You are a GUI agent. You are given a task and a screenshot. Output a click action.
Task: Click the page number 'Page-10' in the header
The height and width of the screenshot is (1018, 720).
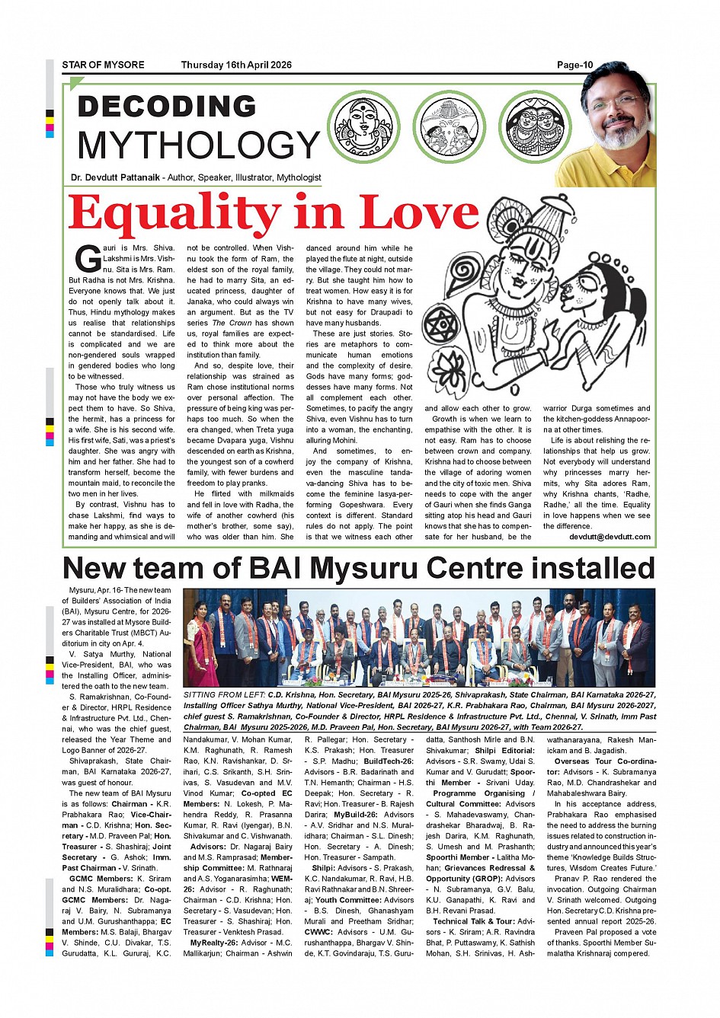point(574,65)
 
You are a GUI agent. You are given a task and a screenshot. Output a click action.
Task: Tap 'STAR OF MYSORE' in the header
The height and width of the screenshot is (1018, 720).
point(103,65)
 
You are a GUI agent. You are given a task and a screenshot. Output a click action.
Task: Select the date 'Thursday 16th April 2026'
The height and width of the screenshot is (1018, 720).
point(236,65)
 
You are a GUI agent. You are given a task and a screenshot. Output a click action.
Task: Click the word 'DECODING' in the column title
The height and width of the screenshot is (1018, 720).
point(167,107)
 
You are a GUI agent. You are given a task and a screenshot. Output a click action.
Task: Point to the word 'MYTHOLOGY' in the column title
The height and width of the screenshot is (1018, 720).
point(198,145)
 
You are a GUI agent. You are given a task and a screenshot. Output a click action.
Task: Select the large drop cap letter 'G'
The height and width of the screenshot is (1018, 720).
point(88,259)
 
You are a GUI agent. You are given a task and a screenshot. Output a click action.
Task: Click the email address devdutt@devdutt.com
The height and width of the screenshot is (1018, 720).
point(610,537)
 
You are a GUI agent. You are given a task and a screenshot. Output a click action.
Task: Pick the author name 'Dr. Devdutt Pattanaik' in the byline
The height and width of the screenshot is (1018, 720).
point(115,177)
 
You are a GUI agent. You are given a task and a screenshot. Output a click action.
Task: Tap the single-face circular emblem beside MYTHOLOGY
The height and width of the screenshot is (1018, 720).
point(363,126)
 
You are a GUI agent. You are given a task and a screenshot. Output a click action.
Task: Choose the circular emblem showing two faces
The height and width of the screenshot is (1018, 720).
point(535,126)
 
